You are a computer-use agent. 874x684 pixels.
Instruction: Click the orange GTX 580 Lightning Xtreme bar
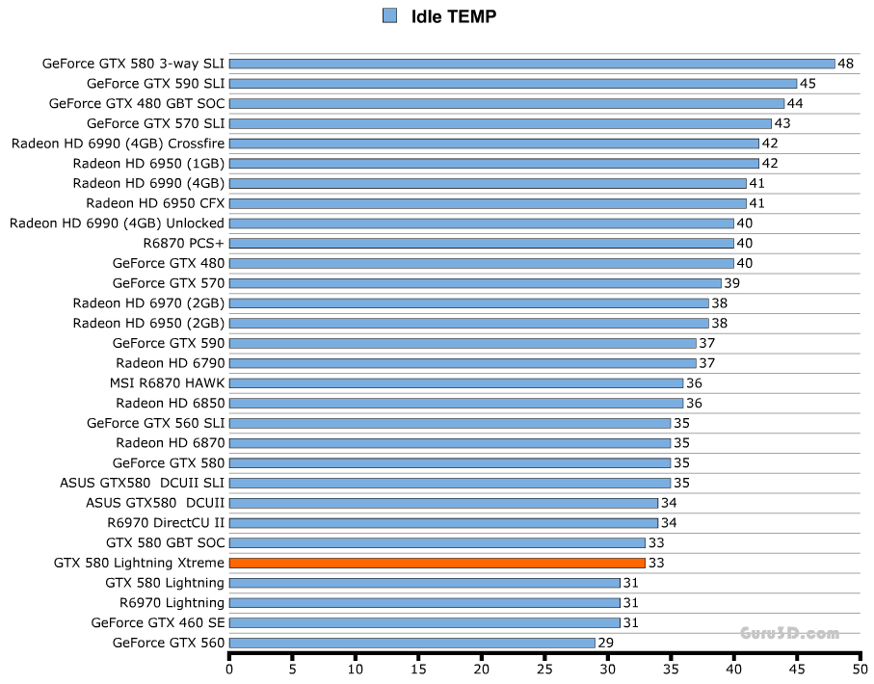(x=437, y=563)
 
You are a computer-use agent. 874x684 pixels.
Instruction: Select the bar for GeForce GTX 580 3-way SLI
(x=532, y=64)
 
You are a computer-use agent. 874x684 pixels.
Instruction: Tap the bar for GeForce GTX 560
(x=411, y=643)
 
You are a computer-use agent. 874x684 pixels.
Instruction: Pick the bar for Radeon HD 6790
(x=463, y=363)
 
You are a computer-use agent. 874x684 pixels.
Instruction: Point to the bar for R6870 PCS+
(x=482, y=243)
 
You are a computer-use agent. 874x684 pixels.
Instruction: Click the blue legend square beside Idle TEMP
(x=389, y=15)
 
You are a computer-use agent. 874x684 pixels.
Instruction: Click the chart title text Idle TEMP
(x=453, y=15)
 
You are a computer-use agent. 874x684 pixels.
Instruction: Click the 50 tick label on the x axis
(x=860, y=668)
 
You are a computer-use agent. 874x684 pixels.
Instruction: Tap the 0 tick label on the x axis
(x=229, y=668)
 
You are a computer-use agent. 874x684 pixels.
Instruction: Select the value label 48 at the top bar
(x=846, y=64)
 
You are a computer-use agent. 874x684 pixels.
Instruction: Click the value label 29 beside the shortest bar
(x=606, y=643)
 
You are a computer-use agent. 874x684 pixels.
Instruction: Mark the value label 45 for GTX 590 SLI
(x=808, y=84)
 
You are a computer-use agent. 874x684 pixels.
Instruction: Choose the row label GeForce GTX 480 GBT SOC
(x=137, y=103)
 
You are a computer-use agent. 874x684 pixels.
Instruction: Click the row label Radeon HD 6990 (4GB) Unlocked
(x=117, y=224)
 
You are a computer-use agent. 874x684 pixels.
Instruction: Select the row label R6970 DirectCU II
(x=166, y=523)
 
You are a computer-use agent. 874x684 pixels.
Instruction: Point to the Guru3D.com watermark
(x=789, y=633)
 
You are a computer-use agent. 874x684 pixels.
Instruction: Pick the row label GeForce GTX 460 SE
(x=158, y=622)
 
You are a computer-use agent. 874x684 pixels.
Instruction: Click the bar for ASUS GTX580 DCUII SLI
(x=449, y=483)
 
